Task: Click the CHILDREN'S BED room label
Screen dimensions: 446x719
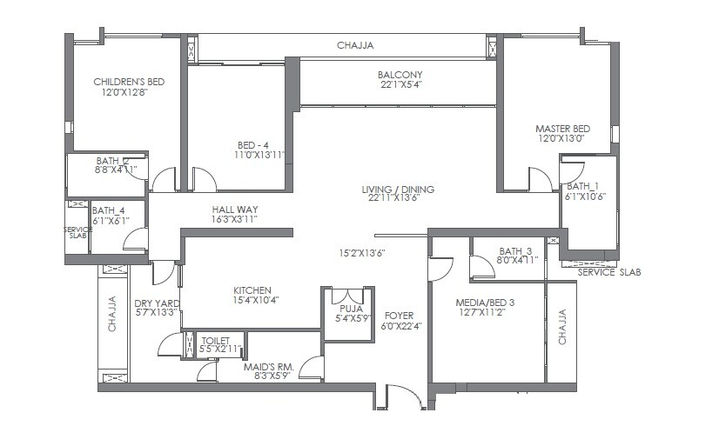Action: [129, 82]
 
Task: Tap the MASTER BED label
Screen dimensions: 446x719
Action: [562, 129]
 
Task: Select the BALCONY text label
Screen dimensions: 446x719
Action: [400, 75]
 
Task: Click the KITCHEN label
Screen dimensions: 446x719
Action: [252, 290]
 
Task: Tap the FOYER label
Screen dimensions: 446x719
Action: [399, 316]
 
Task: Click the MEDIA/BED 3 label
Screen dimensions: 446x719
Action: [486, 303]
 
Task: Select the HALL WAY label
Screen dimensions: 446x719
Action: [235, 210]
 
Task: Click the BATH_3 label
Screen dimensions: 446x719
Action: [514, 250]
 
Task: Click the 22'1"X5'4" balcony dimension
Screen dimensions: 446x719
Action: [400, 85]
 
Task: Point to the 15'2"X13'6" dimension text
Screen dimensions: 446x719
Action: [362, 253]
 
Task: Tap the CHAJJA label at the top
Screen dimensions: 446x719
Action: [356, 45]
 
